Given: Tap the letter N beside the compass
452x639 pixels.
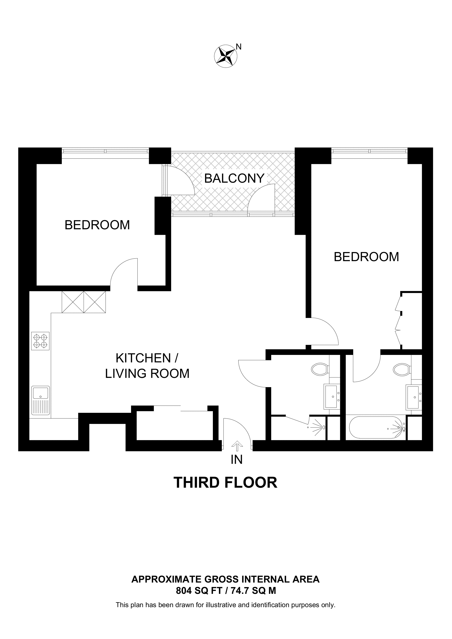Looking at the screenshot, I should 239,47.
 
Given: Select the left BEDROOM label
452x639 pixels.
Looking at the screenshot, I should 97,225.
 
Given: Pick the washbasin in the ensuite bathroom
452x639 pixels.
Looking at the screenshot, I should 414,397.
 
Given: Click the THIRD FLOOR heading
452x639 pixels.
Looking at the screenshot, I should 225,483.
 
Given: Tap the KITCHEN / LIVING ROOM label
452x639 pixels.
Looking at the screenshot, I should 147,366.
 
